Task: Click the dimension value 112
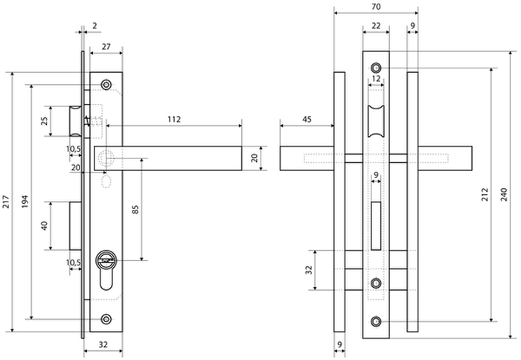(173, 119)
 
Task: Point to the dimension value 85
(135, 209)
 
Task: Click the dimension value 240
(513, 195)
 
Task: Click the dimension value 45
(307, 119)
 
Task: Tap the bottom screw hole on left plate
(106, 318)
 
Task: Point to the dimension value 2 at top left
(95, 26)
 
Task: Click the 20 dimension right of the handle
(254, 158)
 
